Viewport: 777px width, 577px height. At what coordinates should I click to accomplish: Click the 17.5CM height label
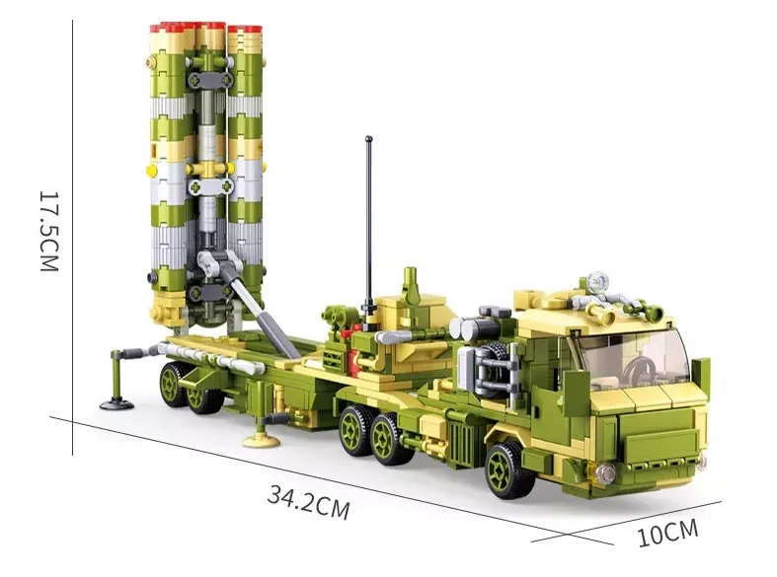pos(49,231)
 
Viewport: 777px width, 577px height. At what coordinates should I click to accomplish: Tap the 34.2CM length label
pos(308,502)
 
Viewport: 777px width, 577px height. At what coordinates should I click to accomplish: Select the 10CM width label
pos(667,533)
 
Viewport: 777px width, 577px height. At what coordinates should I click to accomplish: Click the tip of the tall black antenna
pos(368,138)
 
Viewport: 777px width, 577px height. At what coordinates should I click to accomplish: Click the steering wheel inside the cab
pos(639,370)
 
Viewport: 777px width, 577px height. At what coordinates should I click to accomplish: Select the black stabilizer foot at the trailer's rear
pos(117,404)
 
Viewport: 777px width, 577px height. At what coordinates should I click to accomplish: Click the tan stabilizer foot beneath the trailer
pos(262,440)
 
